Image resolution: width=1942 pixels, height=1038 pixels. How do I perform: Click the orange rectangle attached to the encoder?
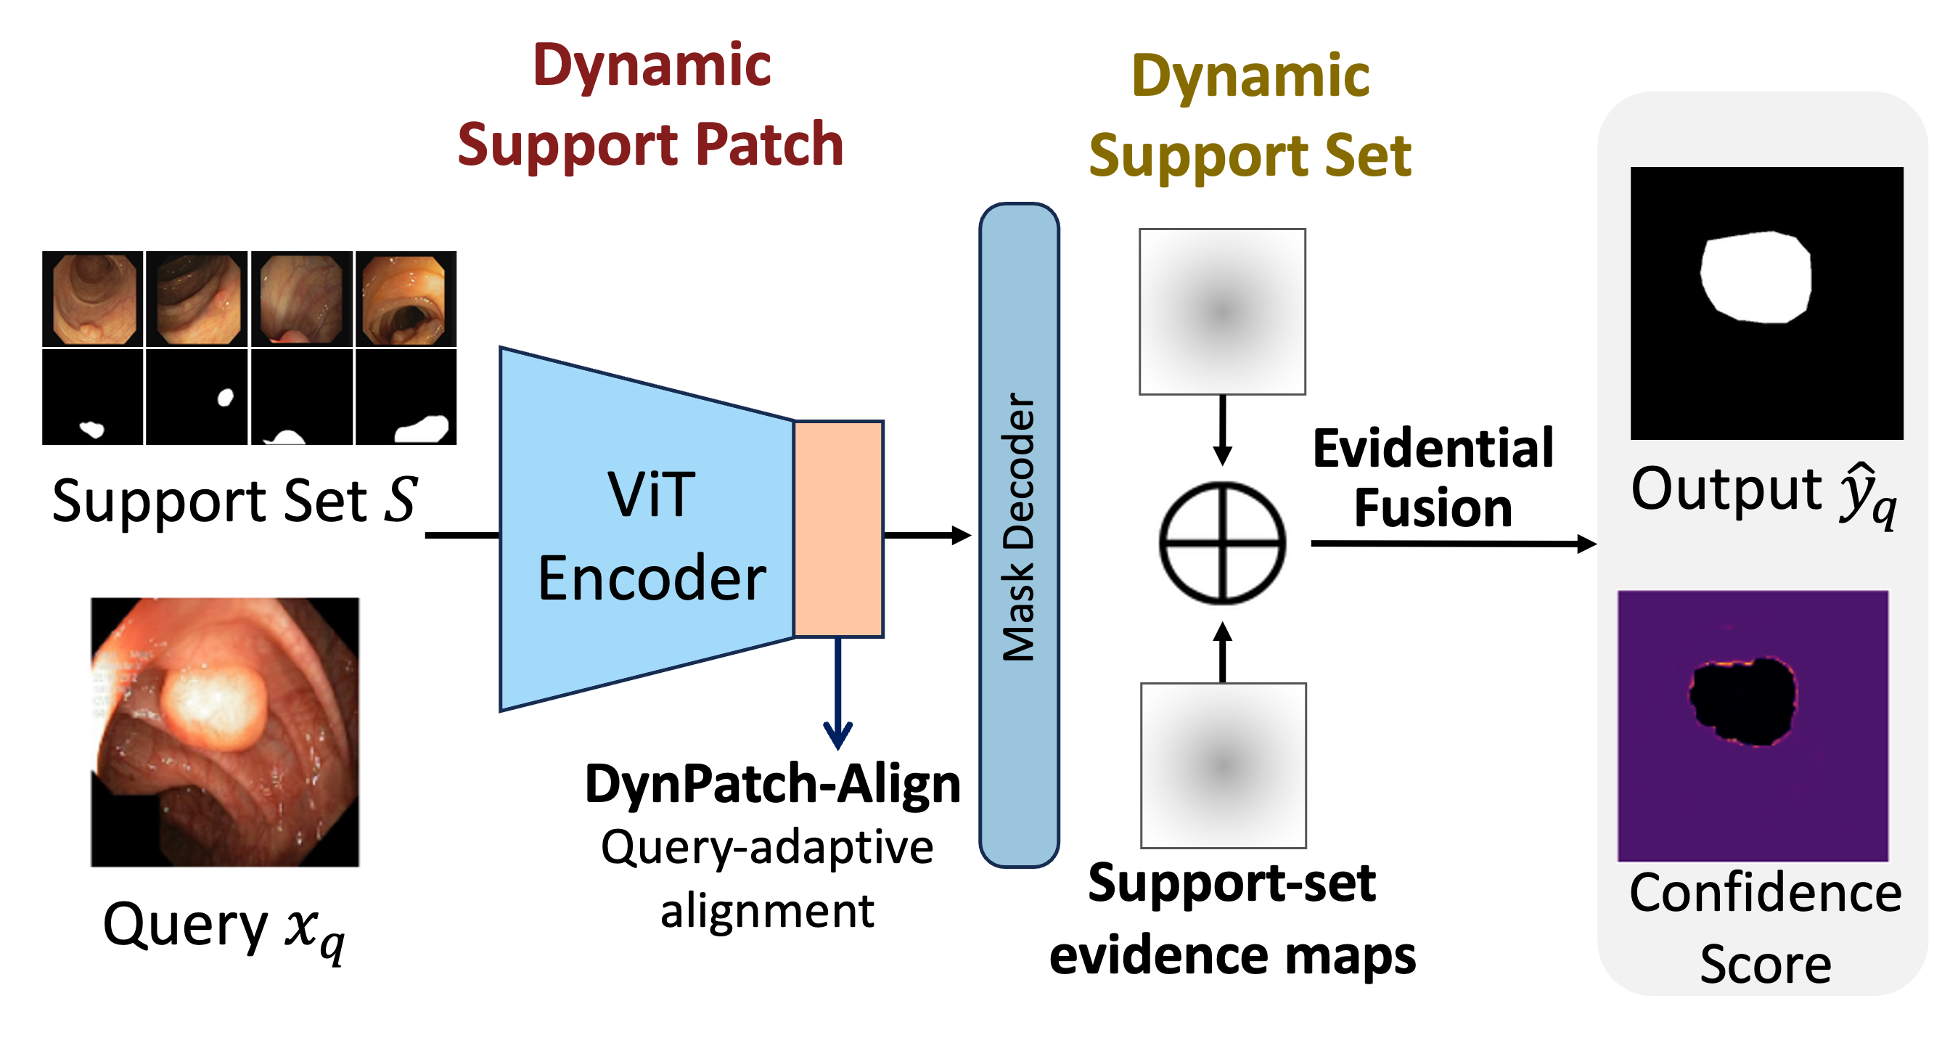838,529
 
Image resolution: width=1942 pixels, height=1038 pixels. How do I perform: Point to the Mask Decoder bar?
1019,534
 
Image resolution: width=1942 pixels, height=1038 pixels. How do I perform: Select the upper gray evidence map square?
1222,311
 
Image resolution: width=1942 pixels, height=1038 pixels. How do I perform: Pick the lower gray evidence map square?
1224,766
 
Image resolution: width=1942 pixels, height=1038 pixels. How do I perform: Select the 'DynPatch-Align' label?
773,785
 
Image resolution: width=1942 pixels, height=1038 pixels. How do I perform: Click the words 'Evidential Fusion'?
1433,478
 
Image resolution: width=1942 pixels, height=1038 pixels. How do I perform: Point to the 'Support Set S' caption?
234,501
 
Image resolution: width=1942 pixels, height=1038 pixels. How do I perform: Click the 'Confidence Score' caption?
1766,928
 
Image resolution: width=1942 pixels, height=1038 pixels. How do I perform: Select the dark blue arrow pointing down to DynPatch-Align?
837,693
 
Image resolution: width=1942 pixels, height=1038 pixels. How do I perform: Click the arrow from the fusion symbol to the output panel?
1454,543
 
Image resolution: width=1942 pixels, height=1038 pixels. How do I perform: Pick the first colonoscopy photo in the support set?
93,298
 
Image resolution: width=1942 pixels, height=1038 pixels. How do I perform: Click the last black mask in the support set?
406,396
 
